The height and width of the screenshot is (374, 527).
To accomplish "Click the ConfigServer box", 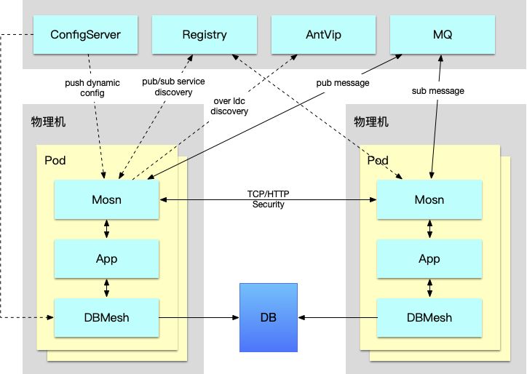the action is point(85,34).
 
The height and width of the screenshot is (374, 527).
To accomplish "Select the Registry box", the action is point(205,34).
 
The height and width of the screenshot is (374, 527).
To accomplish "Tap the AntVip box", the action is point(323,34).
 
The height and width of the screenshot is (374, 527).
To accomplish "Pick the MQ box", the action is point(443,34).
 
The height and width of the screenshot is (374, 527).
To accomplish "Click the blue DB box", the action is point(269,317).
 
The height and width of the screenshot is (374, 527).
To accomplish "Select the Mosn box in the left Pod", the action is point(106,199).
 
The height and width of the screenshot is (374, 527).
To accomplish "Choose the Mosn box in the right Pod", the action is point(429,199).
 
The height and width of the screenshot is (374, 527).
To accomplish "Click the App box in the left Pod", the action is point(106,259).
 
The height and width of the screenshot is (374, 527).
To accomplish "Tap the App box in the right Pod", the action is point(429,259).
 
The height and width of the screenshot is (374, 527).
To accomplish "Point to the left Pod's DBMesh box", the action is point(106,317).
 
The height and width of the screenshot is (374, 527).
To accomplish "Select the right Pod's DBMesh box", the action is point(429,317).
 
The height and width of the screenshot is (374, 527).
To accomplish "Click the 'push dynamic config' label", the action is point(92,88).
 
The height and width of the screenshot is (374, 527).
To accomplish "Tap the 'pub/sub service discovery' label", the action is point(173,87).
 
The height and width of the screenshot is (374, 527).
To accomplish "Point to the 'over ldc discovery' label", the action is point(229,106).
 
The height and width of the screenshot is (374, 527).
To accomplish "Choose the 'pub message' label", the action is point(343,83).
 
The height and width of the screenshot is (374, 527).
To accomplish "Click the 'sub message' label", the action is point(438,91).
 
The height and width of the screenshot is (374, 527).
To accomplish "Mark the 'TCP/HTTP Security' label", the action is point(268,199).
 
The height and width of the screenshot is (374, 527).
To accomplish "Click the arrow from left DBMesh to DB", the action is point(199,317).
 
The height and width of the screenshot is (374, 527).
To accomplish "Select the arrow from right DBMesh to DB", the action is point(338,317).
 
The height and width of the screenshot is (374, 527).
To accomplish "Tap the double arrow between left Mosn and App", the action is point(106,229).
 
